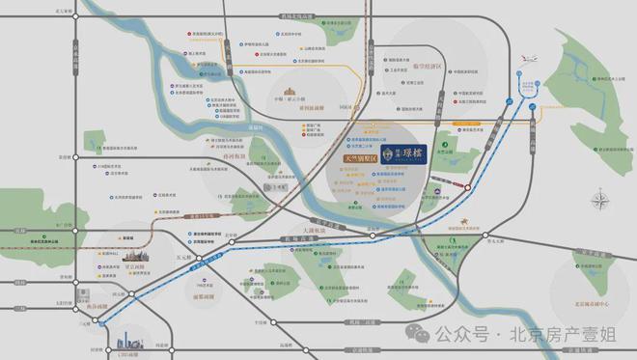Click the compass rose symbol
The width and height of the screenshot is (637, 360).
click(604, 202)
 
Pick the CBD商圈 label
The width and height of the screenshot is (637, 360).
click(127, 353)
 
